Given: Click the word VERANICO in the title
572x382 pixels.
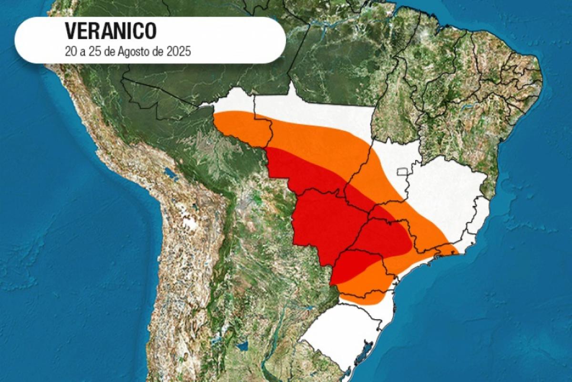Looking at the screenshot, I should click(111, 32).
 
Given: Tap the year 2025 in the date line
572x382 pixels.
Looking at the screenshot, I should click(178, 52).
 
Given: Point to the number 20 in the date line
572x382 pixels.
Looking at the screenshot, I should click(70, 52).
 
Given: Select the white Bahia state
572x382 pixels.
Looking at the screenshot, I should click(448, 186).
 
